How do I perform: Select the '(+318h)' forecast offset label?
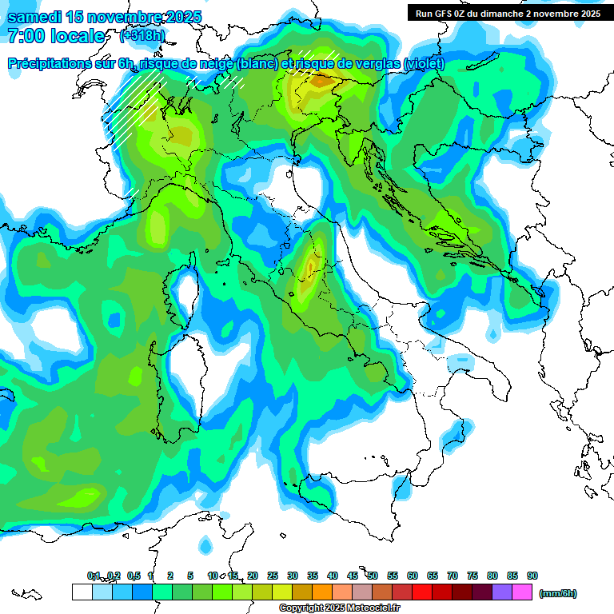144,36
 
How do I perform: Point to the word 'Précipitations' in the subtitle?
57,64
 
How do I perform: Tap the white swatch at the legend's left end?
82,592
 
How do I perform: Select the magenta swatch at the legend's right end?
523,592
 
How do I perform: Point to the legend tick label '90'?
532,576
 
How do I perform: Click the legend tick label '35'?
313,576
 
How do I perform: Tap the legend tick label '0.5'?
133,576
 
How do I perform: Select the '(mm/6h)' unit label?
558,593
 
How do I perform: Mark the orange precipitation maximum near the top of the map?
323,80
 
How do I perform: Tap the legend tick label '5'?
190,576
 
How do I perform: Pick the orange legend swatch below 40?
322,592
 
